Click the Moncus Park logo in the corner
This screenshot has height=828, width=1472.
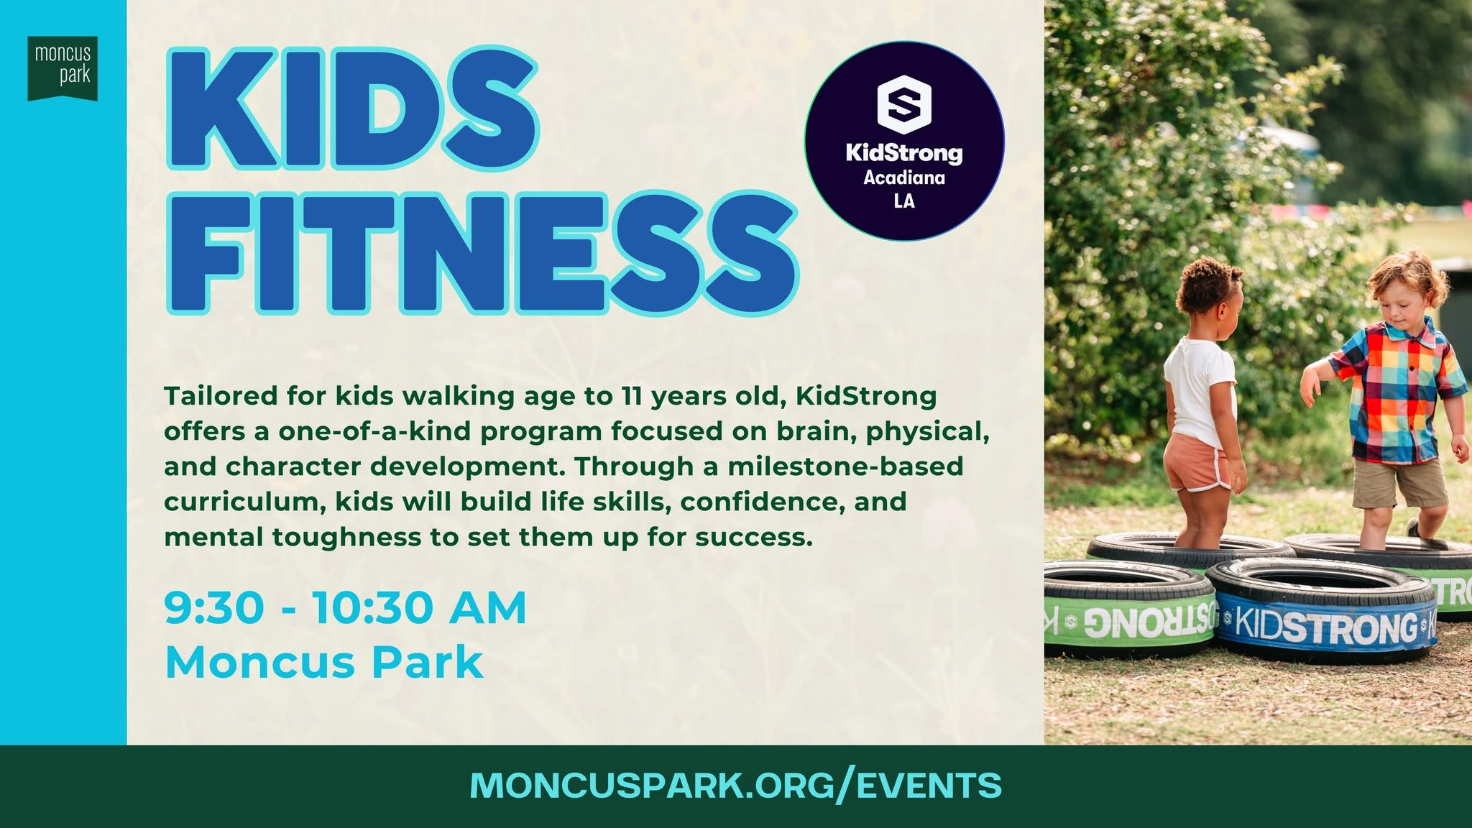[63, 68]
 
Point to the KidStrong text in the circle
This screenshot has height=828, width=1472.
[903, 152]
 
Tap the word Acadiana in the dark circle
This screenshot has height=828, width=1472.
[904, 178]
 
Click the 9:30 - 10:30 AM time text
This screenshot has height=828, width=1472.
[346, 608]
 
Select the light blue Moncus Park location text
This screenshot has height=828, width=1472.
[323, 662]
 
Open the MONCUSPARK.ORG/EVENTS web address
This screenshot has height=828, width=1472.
[735, 785]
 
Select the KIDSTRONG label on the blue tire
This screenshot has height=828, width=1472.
[1326, 627]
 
